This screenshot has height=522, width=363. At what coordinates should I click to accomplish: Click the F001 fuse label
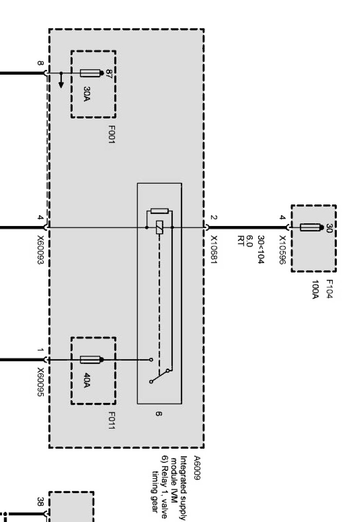coord(111,135)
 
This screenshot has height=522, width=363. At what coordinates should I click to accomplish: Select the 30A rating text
coord(87,94)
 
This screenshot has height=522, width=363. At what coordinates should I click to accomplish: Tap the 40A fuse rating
coord(87,380)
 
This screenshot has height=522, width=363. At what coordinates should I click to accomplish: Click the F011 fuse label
coord(111,421)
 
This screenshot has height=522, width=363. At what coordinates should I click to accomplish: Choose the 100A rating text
coord(315,289)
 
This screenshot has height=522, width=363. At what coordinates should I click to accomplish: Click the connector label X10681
coord(214,250)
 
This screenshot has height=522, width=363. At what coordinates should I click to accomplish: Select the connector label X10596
coord(282,250)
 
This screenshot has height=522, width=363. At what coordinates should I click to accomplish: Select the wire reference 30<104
coord(261,250)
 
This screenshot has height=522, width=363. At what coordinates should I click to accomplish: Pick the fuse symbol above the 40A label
coord(90,360)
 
